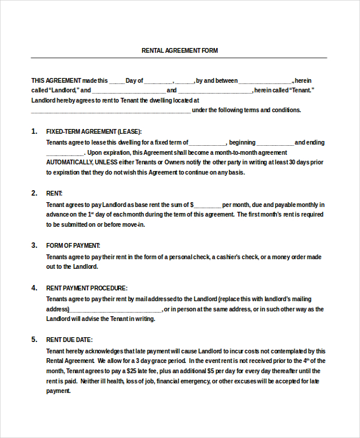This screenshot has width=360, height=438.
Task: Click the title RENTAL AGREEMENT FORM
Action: coord(179,50)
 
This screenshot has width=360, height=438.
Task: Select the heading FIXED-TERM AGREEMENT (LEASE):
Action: coord(94,131)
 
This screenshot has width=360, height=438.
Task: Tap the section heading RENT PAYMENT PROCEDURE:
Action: coord(86,288)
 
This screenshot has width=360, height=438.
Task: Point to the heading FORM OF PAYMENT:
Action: coord(73,245)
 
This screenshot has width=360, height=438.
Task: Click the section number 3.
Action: coord(34,245)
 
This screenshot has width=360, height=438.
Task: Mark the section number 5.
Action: coord(34,340)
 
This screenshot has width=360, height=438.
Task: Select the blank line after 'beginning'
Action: coord(275,143)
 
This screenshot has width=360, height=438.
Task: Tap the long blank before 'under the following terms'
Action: coord(111,110)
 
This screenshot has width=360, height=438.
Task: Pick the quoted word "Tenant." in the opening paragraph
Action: coord(302,91)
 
